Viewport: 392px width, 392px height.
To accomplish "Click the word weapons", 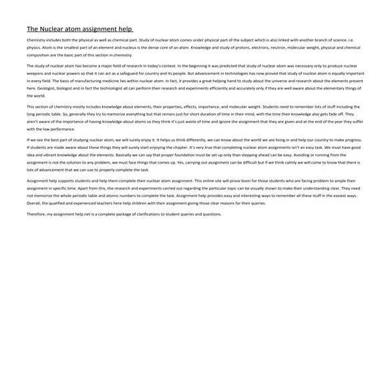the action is click(x=35, y=73).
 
